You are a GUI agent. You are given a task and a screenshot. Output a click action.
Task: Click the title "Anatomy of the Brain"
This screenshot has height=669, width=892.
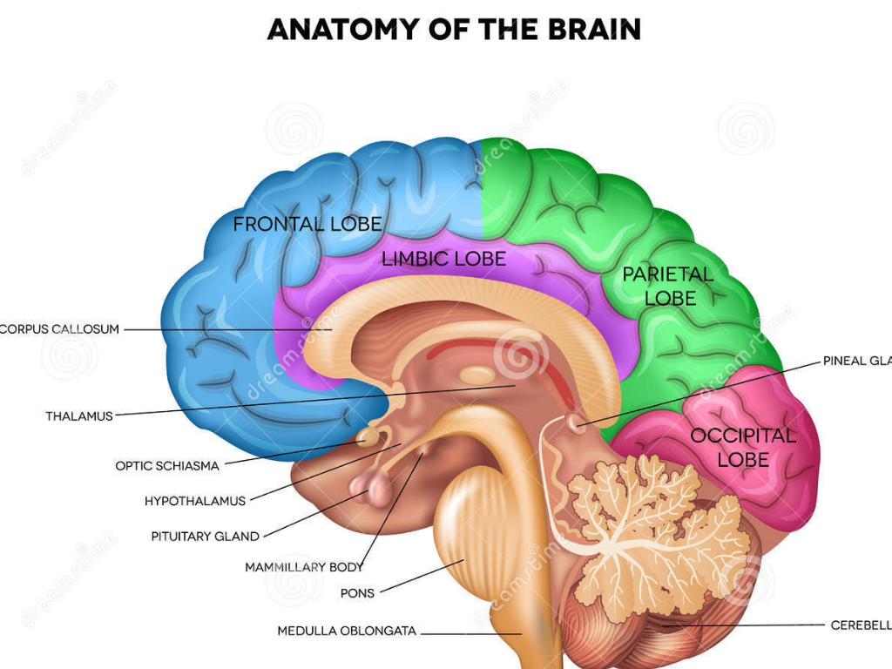point(454,29)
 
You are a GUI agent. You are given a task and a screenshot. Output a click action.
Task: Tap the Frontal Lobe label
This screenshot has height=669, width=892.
point(307,224)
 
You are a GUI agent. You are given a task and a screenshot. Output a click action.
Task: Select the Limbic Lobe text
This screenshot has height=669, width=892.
point(443,259)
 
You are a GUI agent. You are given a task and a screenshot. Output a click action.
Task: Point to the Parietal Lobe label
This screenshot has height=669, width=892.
point(667,286)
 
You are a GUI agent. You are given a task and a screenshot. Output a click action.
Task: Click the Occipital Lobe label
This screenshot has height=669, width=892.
point(743,447)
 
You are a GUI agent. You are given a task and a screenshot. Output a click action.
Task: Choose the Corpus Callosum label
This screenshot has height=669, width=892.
point(59,329)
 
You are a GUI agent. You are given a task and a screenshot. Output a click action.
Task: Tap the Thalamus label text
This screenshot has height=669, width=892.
point(79,416)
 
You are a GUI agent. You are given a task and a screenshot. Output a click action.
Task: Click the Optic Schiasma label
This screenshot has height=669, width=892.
point(167,466)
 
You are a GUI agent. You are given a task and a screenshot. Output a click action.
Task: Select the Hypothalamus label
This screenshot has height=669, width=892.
point(195,501)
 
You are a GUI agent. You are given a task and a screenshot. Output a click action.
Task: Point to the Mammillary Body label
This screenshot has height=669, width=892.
point(304,567)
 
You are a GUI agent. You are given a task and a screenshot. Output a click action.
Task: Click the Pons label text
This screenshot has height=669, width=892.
point(357,593)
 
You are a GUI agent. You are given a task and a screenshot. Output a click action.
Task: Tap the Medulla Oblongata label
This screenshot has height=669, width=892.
point(347,631)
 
